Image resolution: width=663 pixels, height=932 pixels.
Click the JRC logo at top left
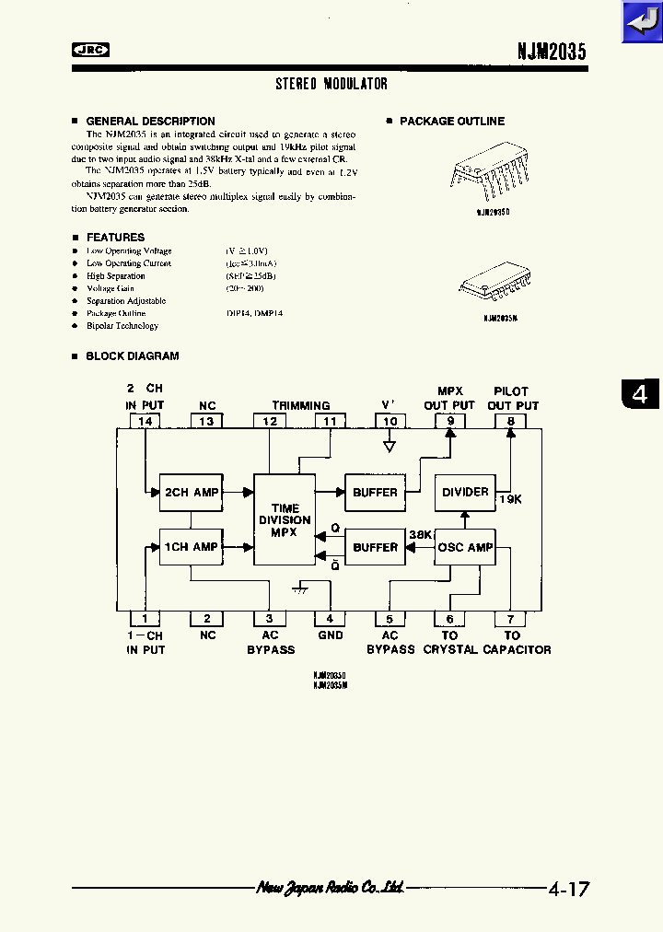[x=90, y=51]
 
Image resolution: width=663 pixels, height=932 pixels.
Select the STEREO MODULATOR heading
[x=331, y=84]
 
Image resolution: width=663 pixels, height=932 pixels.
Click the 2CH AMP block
[x=192, y=493]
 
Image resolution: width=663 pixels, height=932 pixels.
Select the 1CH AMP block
[x=192, y=547]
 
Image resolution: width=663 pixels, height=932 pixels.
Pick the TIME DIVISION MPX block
[x=285, y=520]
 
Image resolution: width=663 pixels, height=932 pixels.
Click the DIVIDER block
[x=465, y=492]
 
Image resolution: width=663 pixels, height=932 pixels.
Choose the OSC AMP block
[x=465, y=547]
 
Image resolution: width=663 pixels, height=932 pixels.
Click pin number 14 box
[x=145, y=421]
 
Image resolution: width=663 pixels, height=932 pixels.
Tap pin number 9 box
[x=450, y=421]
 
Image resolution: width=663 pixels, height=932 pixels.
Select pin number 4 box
[x=330, y=620]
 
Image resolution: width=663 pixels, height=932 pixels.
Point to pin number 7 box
[x=511, y=620]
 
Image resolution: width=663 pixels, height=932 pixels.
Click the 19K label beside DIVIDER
[x=510, y=499]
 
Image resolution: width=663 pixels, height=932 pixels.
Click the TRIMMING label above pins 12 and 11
[x=300, y=405]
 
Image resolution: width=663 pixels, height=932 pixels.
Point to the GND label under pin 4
[x=330, y=635]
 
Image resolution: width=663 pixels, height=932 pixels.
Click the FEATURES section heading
[x=115, y=238]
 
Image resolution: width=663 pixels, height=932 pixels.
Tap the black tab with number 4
[x=640, y=394]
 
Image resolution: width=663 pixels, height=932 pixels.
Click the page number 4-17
[x=568, y=890]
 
